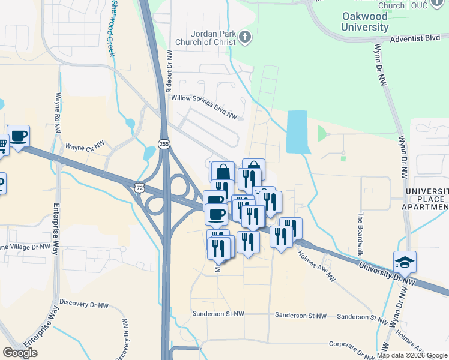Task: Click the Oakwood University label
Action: tap(364, 22)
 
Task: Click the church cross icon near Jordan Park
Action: tap(244, 38)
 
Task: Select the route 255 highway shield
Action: tap(164, 144)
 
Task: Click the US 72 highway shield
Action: tap(139, 188)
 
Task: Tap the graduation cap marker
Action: tap(405, 262)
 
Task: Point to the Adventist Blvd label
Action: tap(415, 38)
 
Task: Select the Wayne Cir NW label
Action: tap(85, 145)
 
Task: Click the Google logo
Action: tap(20, 353)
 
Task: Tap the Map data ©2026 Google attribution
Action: tap(412, 355)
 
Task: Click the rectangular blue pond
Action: tap(296, 132)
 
